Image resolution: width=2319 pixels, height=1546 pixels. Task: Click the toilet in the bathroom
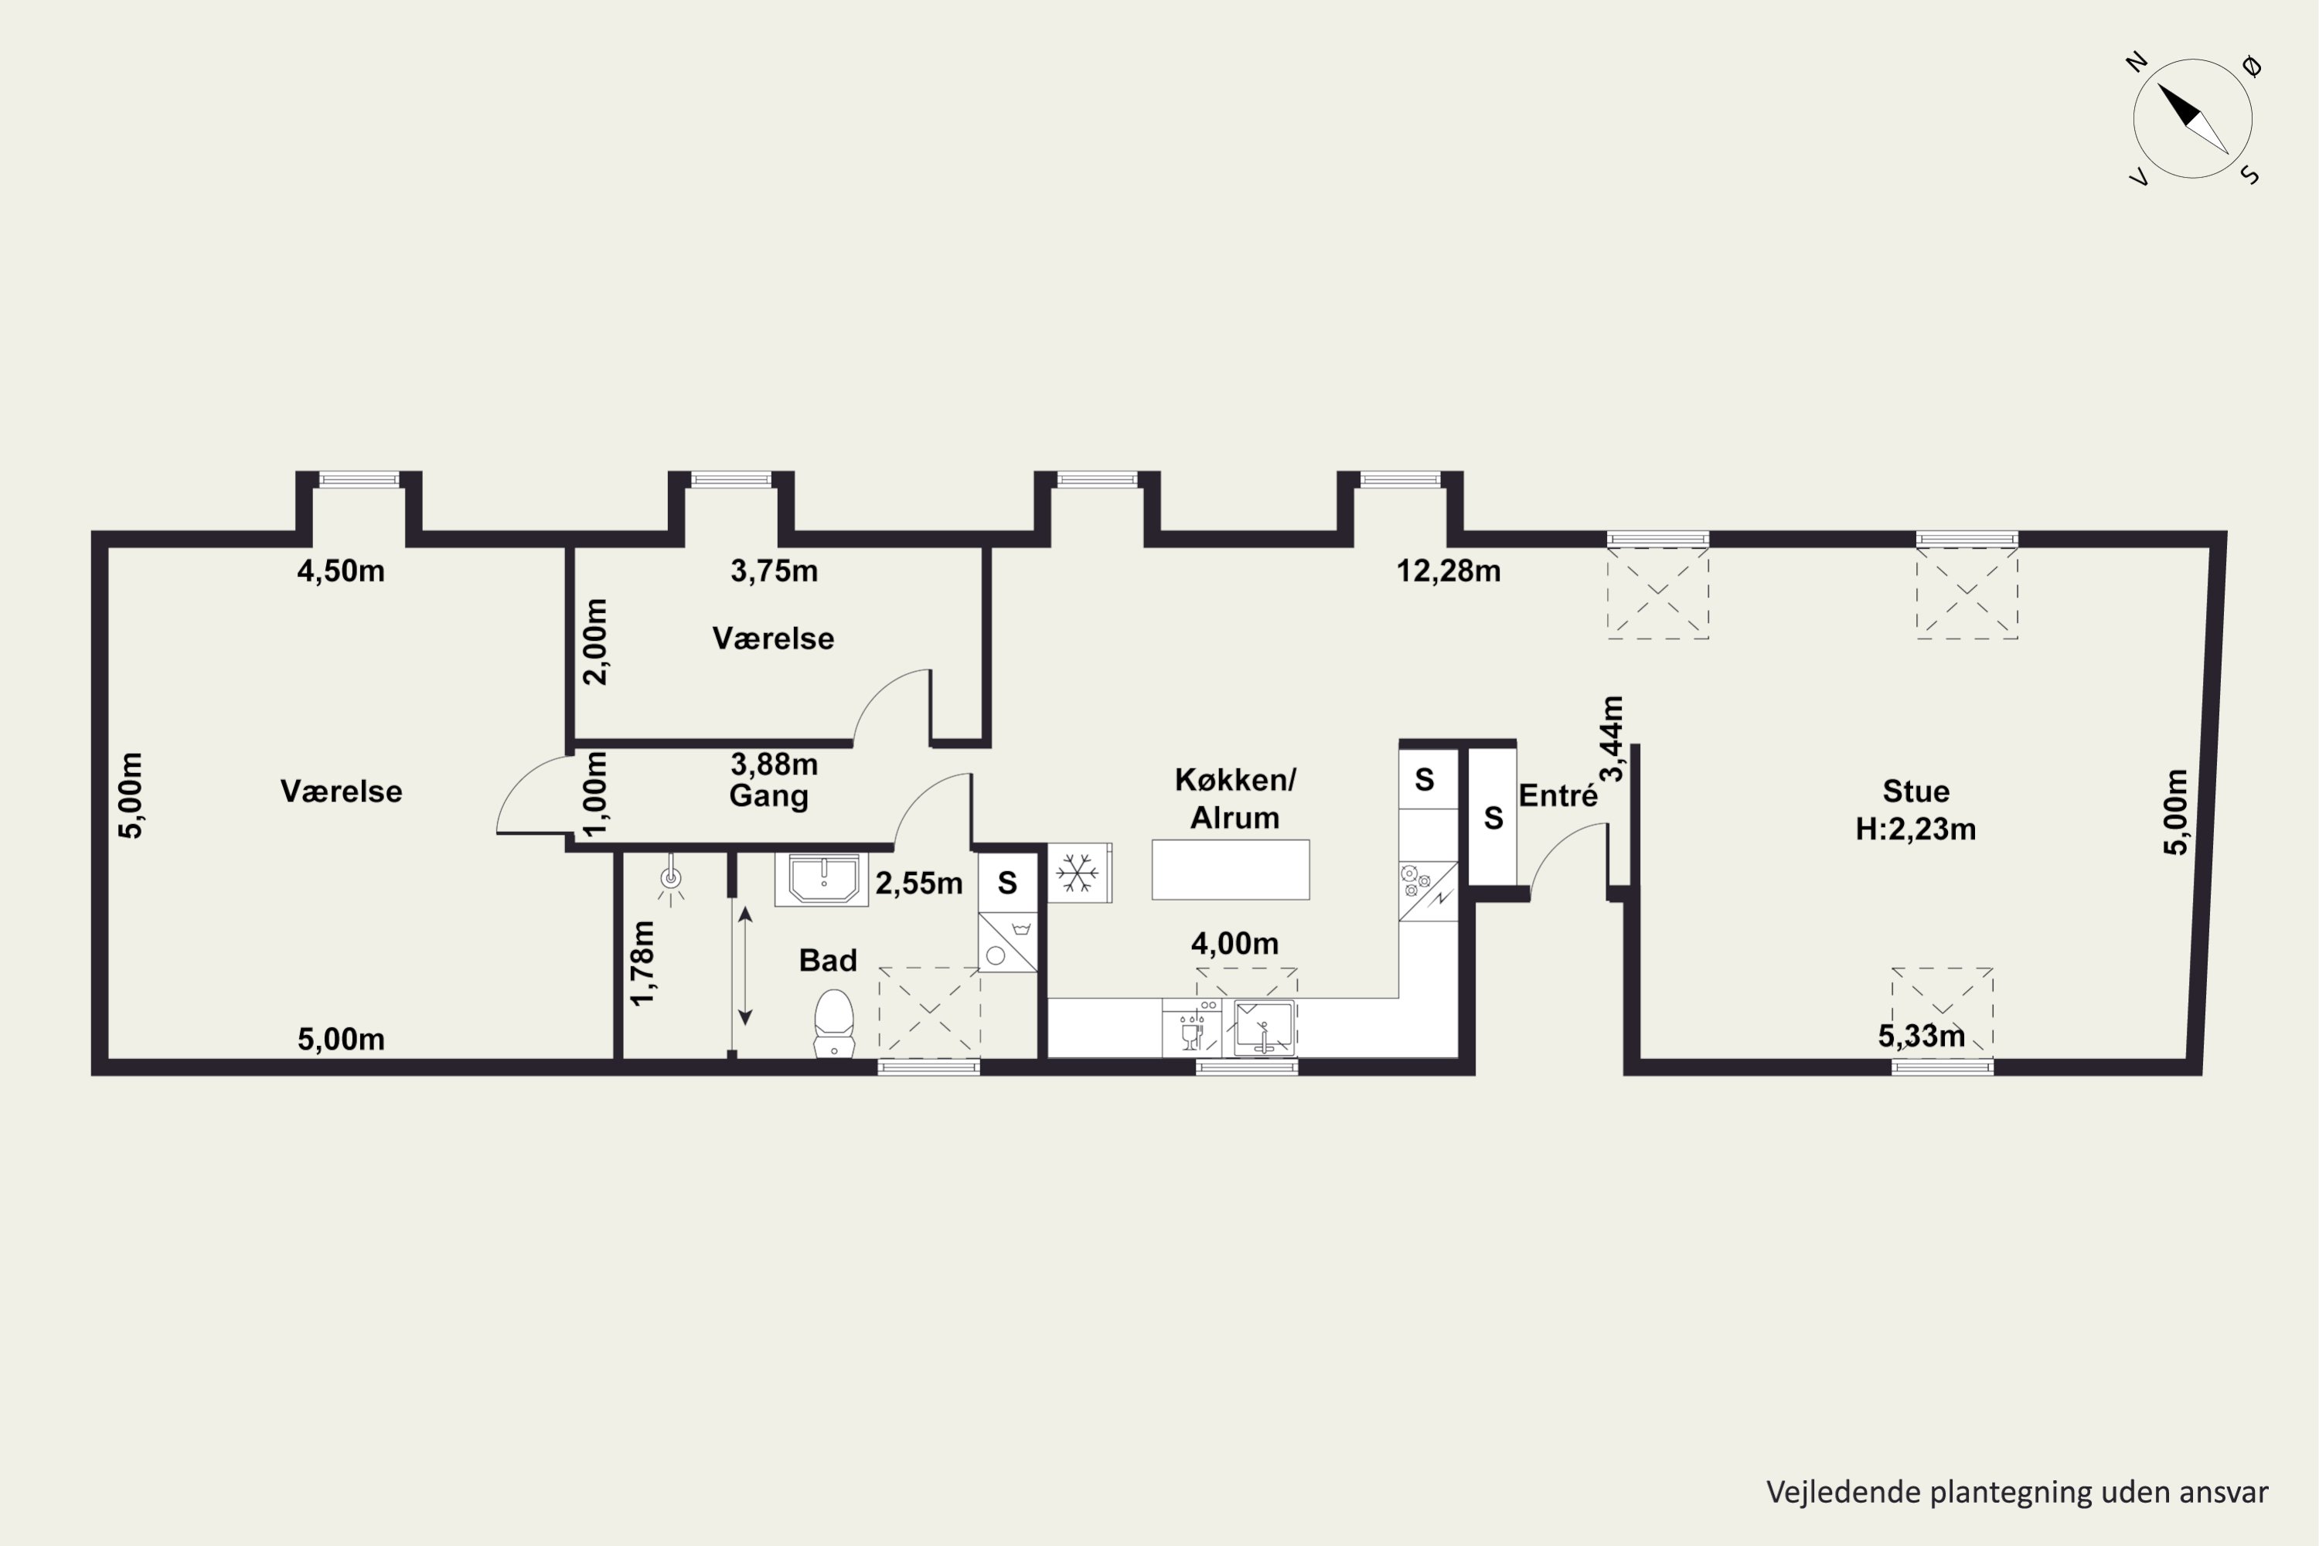834,1023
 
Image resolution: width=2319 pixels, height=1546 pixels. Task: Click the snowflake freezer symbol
1078,873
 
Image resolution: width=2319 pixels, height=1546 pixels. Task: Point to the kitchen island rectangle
1231,870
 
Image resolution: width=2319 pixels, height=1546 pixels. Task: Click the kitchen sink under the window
1264,1028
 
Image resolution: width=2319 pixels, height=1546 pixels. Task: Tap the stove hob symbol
1428,890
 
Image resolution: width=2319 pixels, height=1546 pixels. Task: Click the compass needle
2193,119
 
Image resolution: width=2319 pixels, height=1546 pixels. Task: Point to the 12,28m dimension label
1449,571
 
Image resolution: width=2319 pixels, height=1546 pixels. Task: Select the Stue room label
1915,791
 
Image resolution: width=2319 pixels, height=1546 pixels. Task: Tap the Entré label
1558,795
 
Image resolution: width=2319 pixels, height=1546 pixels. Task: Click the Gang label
769,795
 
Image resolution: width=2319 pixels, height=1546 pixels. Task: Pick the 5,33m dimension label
1922,1037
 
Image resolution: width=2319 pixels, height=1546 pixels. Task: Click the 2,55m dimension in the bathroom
919,884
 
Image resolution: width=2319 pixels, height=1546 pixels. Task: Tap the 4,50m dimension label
341,571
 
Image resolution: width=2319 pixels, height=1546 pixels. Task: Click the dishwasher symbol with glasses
1192,1027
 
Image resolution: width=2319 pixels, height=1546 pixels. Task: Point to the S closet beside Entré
1493,817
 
